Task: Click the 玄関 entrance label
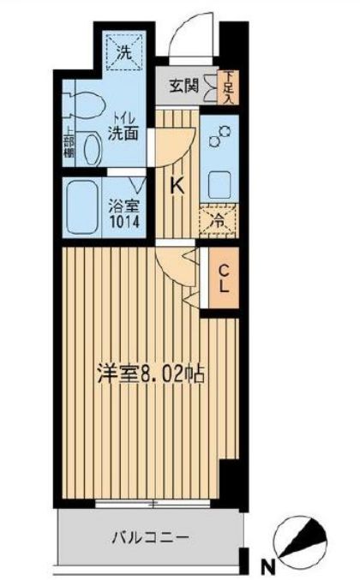coord(182,87)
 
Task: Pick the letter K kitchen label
coord(177,185)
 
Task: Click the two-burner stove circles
coord(219,136)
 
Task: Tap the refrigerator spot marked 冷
coord(219,221)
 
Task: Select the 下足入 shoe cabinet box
coord(227,87)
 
